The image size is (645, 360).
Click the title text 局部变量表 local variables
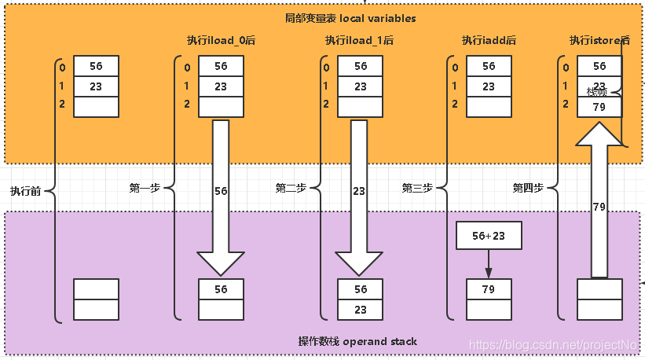click(350, 18)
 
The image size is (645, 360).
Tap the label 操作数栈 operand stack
click(357, 341)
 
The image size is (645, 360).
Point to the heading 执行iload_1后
click(359, 40)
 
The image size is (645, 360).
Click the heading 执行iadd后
click(488, 40)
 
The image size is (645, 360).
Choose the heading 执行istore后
click(599, 40)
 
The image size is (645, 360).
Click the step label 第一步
click(145, 188)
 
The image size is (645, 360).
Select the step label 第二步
click(291, 188)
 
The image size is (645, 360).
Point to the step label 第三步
click(417, 188)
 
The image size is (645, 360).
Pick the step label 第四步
click(528, 188)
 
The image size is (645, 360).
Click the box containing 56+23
click(488, 235)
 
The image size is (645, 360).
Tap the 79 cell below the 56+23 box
click(488, 289)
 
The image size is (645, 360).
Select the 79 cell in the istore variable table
click(599, 107)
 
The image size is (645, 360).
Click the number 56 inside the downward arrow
click(220, 190)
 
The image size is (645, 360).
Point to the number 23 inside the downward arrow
click(359, 190)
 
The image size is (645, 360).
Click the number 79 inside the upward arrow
click(599, 207)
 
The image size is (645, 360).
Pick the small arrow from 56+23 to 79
click(488, 263)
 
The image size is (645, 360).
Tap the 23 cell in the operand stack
click(360, 310)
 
